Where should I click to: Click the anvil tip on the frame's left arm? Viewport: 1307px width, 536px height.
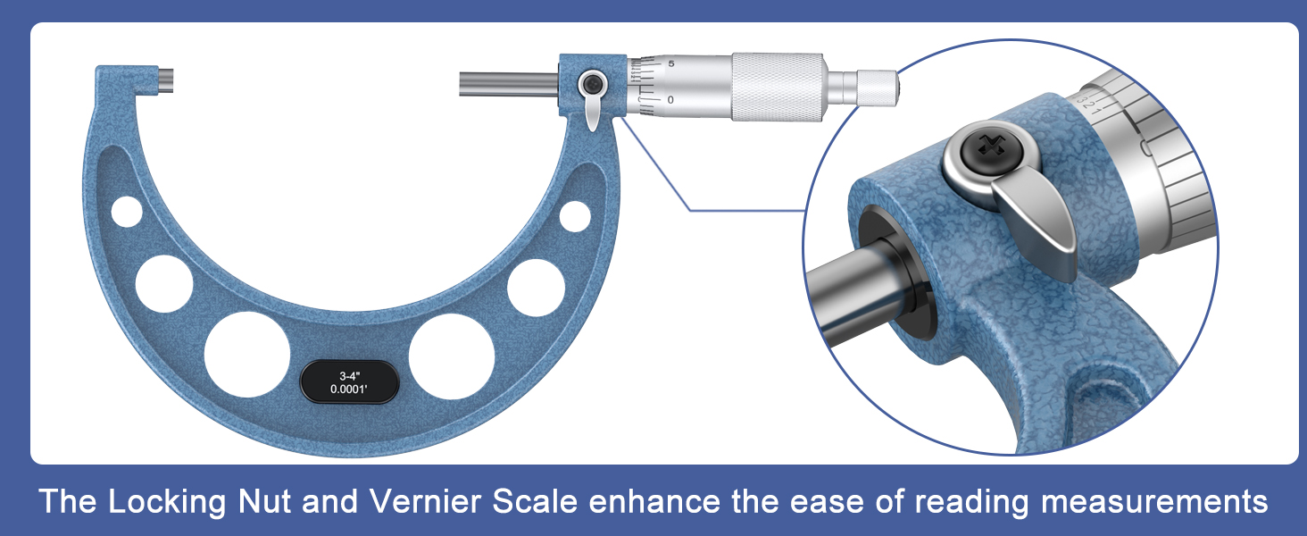click(x=167, y=80)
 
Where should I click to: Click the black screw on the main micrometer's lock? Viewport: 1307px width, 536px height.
click(x=590, y=85)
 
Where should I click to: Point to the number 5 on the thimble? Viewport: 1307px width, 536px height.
click(x=670, y=64)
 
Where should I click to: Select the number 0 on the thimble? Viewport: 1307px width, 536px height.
click(x=670, y=99)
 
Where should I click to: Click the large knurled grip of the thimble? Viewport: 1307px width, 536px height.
click(x=777, y=86)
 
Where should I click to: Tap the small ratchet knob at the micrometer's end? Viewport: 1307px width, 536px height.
click(x=877, y=86)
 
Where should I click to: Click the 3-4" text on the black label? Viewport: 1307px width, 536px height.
click(x=345, y=375)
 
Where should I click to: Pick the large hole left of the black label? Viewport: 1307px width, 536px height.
click(x=247, y=354)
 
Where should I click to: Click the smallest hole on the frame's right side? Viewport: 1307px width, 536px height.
click(x=575, y=215)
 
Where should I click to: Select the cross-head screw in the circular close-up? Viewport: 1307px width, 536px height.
click(x=982, y=147)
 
